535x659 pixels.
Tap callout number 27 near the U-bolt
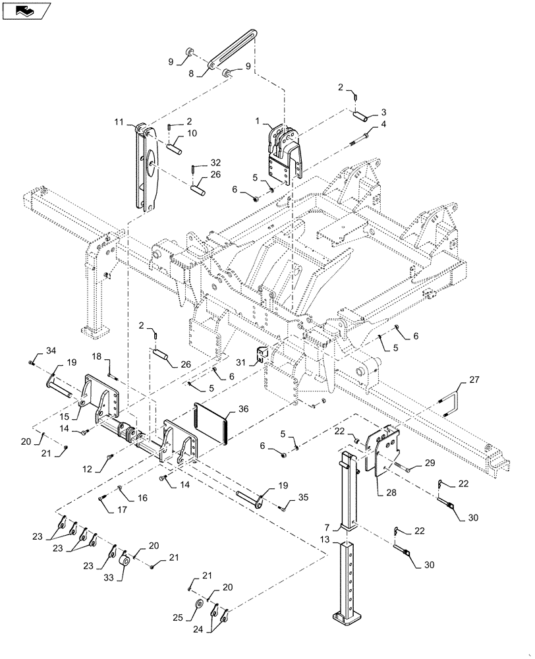(474, 380)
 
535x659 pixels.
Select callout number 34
(51, 350)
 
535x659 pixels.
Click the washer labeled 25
(198, 606)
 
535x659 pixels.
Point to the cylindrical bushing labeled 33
(123, 565)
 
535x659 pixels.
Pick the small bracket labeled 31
(262, 355)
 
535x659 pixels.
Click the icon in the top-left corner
(26, 10)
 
